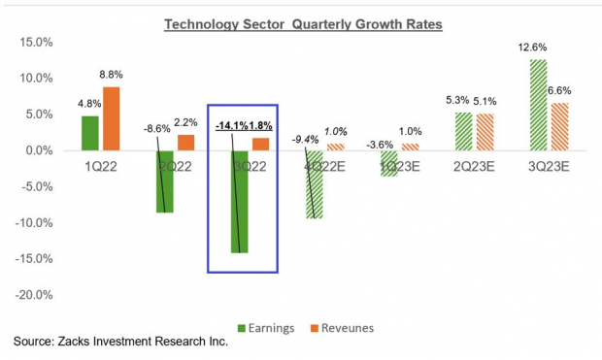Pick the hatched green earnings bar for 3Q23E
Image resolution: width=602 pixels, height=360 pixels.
(538, 105)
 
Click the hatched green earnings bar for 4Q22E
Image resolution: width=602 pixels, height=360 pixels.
(315, 184)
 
